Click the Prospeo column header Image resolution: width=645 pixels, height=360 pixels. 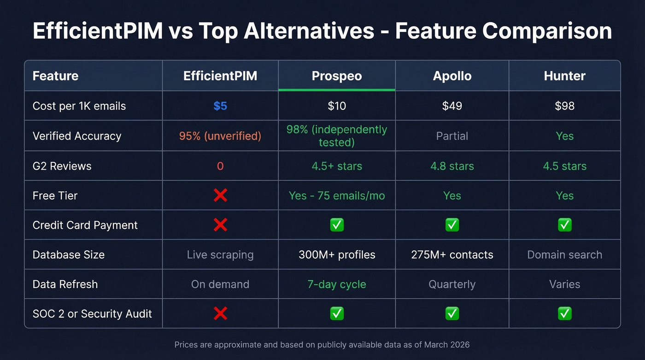336,76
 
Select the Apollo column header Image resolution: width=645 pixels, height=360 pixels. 452,76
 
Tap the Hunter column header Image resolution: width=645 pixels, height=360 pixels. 564,76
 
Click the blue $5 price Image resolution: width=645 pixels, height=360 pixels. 220,106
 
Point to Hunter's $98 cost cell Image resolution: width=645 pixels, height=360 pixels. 564,106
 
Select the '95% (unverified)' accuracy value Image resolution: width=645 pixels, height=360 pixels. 220,136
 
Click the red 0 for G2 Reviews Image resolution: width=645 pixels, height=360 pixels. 220,166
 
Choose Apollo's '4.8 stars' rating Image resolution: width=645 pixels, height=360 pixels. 452,166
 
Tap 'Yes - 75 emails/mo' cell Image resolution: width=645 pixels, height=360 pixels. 336,195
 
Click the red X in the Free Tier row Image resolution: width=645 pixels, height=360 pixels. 220,195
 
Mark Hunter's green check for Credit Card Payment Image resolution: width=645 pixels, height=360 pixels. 564,225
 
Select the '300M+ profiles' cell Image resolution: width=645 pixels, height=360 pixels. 336,254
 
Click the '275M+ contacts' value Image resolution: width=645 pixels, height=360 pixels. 452,254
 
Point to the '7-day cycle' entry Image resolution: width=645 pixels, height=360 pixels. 336,284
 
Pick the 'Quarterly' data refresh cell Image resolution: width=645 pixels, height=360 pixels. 452,284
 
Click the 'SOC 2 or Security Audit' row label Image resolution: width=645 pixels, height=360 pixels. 92,314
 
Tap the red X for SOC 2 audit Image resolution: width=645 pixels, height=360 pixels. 220,314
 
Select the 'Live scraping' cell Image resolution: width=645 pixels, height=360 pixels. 220,254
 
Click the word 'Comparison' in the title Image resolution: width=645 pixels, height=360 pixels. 547,31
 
